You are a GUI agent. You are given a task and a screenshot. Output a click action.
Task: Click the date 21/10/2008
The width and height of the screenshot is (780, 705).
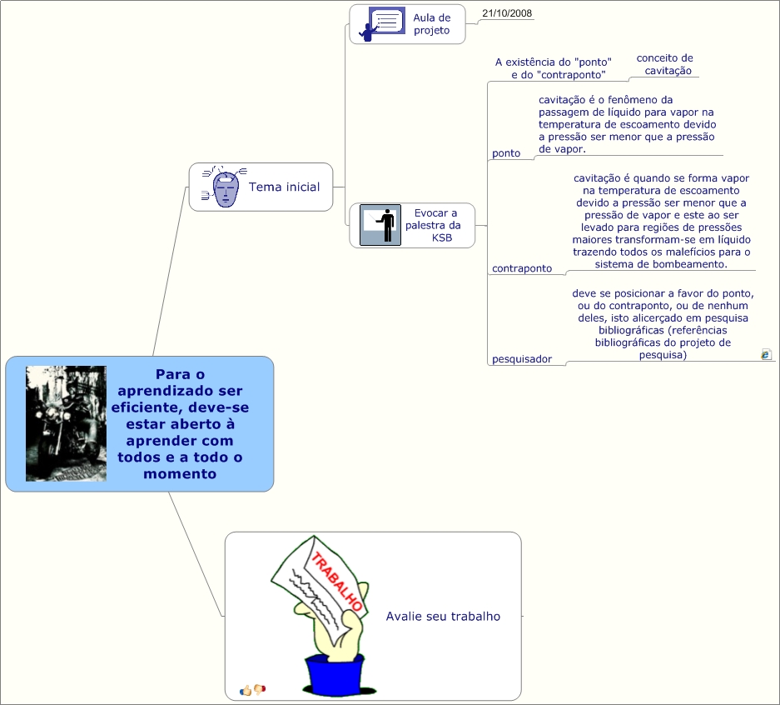[x=507, y=13]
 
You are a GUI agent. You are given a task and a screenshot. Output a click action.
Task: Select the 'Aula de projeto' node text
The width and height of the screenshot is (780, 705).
[x=431, y=24]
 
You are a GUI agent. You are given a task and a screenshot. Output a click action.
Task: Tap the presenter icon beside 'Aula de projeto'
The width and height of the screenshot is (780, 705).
[x=381, y=24]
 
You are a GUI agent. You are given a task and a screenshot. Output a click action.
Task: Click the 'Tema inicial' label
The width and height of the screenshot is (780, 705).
[x=284, y=187]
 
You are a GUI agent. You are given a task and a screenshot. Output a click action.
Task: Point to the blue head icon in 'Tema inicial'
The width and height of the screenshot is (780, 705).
[x=225, y=187]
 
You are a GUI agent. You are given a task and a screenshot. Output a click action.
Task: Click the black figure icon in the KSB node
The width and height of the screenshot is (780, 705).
[x=380, y=225]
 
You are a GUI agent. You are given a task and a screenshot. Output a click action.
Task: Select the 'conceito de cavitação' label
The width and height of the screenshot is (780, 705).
[x=665, y=64]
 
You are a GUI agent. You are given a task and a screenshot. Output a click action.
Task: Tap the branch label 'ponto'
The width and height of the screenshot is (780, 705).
[x=506, y=153]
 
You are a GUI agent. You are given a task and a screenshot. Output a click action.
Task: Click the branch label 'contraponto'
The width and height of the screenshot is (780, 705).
[x=522, y=268]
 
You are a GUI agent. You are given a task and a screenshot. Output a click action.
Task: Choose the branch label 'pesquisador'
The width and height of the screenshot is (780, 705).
[x=522, y=359]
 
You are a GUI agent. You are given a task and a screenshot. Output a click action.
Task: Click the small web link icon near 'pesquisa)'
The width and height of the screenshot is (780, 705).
[x=766, y=354]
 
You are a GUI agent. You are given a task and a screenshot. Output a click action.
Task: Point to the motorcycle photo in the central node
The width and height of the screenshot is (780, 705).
[x=66, y=423]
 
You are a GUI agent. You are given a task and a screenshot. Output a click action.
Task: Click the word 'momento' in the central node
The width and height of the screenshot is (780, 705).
[x=180, y=474]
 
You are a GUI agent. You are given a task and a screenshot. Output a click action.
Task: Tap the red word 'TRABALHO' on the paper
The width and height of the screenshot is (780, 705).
[x=337, y=581]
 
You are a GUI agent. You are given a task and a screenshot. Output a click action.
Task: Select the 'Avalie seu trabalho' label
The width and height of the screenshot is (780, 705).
[x=443, y=616]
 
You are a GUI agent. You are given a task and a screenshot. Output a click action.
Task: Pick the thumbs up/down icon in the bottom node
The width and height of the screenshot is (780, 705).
[x=252, y=689]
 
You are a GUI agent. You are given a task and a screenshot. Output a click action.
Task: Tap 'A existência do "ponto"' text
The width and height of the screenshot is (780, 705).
[x=554, y=62]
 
